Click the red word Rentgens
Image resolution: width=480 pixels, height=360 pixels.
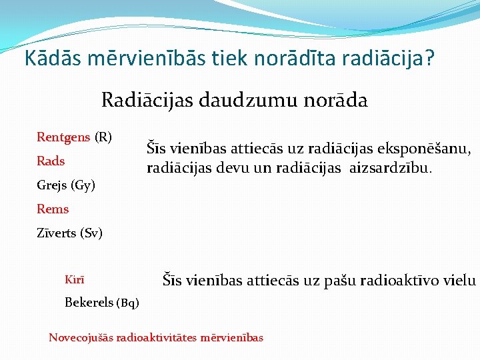click(63, 137)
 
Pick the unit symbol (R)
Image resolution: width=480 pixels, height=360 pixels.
click(103, 137)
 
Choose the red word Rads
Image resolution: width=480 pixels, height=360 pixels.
click(51, 161)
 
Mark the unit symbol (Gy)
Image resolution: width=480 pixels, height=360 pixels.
click(83, 185)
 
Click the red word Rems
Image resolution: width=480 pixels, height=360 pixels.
click(53, 209)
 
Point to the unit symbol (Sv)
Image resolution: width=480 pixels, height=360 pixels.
click(91, 233)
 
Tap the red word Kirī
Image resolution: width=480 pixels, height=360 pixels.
click(75, 279)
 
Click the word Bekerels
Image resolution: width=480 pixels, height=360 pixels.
click(89, 303)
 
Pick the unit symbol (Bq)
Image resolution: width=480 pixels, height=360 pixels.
click(128, 303)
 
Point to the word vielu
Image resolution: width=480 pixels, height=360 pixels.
click(461, 280)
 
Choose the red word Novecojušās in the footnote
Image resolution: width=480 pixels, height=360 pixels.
click(81, 337)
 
